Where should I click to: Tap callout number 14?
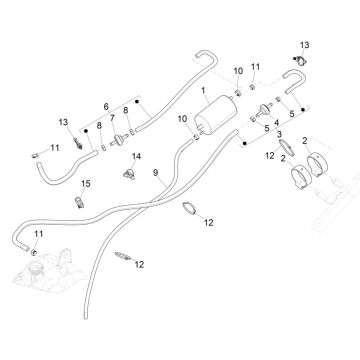tap(138, 156)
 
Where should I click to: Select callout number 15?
tap(86, 185)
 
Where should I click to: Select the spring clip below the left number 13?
tap(73, 146)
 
